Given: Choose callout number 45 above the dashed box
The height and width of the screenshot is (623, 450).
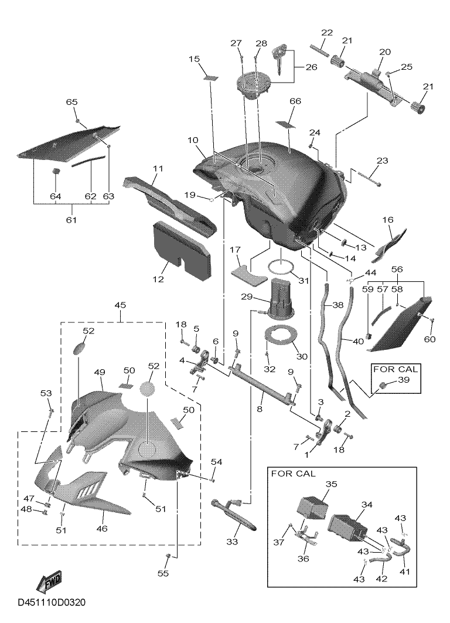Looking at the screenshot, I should point(120,305).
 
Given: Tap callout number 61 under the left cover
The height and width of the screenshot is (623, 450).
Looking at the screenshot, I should point(71,220).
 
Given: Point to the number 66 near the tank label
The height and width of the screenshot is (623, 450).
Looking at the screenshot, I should point(295,101).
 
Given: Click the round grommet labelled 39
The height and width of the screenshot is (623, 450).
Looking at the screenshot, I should point(384,385).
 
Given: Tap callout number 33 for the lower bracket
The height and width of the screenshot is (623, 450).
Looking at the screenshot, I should point(232,542).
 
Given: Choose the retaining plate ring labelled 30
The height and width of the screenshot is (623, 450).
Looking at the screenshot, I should point(282,335).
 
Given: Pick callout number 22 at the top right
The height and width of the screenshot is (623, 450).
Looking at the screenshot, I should point(327,32).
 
